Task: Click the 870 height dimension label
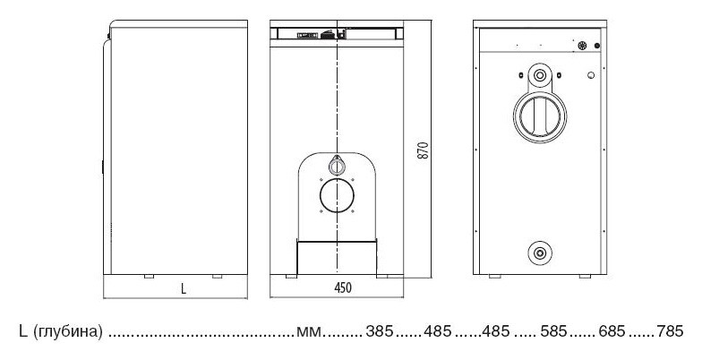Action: (x=423, y=150)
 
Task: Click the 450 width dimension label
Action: (x=343, y=288)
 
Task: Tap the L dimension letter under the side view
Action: (x=184, y=288)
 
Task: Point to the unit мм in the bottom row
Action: (x=309, y=332)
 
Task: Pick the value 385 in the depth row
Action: (x=380, y=331)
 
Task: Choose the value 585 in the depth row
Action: (x=553, y=331)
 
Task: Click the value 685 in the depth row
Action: (x=612, y=331)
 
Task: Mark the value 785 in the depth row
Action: (x=670, y=331)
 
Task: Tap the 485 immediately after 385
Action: (x=437, y=331)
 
